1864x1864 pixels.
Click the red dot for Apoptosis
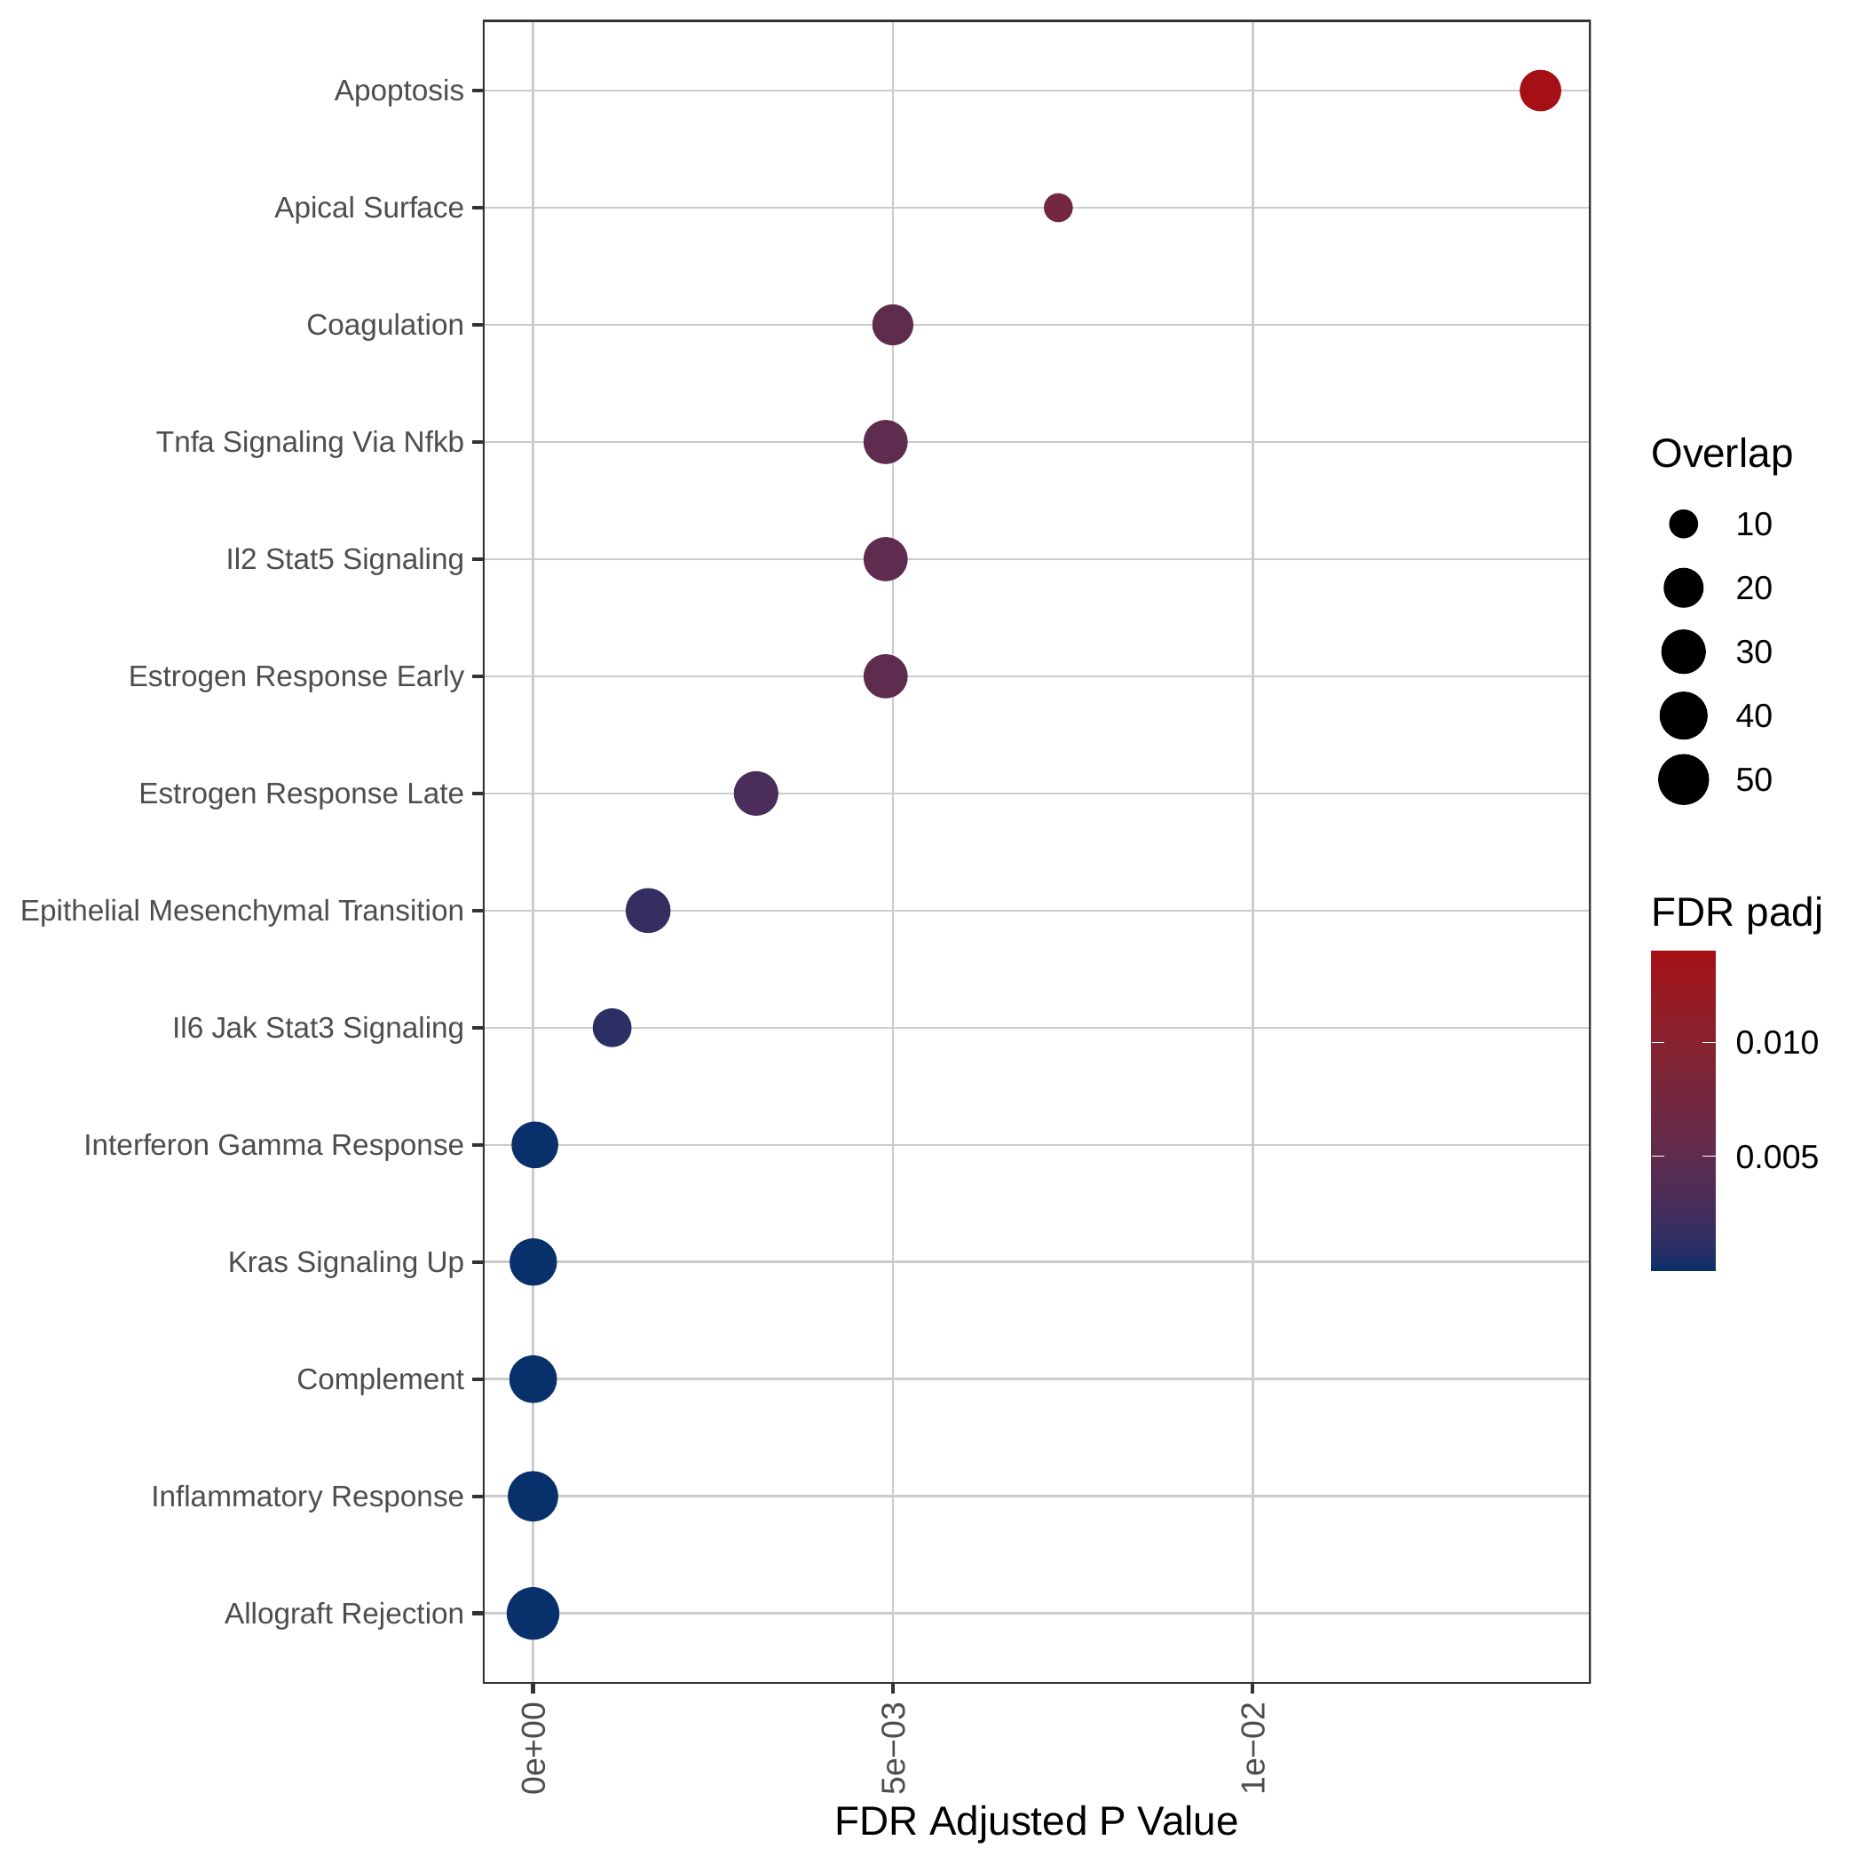(x=1540, y=91)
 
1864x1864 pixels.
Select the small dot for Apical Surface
(x=1058, y=208)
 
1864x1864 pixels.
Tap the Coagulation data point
(x=892, y=325)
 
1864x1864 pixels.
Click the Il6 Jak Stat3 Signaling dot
(x=612, y=1028)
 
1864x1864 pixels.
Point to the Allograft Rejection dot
(x=533, y=1613)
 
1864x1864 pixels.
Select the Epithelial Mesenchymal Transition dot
(x=648, y=911)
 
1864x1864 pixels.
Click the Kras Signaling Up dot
(x=533, y=1262)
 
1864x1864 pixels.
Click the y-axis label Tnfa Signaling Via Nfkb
(x=310, y=442)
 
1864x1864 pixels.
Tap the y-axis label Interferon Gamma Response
(x=274, y=1145)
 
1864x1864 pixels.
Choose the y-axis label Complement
(x=380, y=1379)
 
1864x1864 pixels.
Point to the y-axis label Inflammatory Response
(x=308, y=1497)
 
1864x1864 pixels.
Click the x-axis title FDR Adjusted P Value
(x=1036, y=1821)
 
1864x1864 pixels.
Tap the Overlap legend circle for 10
(x=1684, y=525)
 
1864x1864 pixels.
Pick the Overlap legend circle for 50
(x=1684, y=779)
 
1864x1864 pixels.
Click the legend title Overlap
(x=1722, y=454)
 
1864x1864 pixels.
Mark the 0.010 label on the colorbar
(x=1777, y=1043)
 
